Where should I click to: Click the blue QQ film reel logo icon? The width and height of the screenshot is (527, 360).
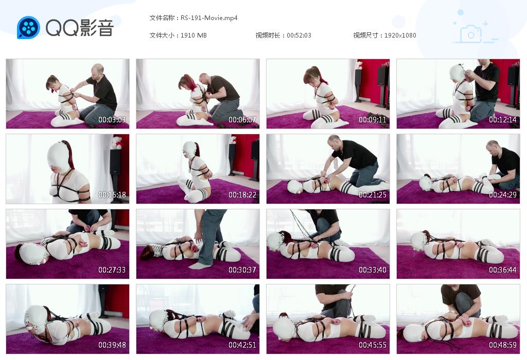[29, 28]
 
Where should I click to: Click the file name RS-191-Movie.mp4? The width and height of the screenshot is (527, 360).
[209, 18]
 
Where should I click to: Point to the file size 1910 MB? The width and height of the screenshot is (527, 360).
[194, 35]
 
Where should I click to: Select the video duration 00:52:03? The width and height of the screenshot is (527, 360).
[299, 35]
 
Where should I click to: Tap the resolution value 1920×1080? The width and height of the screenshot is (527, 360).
[400, 35]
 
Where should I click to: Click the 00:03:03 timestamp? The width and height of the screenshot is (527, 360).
[112, 119]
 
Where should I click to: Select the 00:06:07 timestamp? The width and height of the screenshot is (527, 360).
[242, 119]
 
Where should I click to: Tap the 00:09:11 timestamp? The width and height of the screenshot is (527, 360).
[373, 119]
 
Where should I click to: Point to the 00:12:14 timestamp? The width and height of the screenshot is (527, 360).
[503, 119]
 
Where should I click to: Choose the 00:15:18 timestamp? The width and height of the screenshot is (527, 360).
[112, 195]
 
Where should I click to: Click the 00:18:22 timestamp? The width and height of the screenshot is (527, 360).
[242, 195]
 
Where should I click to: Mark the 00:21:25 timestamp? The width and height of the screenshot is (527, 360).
[373, 195]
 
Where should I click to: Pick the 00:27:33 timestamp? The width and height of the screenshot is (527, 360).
[112, 270]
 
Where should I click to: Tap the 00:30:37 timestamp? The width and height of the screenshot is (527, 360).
[242, 270]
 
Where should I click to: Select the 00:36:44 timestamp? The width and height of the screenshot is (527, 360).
[503, 270]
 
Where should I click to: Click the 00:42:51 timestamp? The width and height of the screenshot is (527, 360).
[242, 345]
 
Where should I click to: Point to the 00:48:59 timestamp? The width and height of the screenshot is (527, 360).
[503, 345]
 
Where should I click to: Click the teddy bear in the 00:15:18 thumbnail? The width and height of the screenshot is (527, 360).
[117, 142]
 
